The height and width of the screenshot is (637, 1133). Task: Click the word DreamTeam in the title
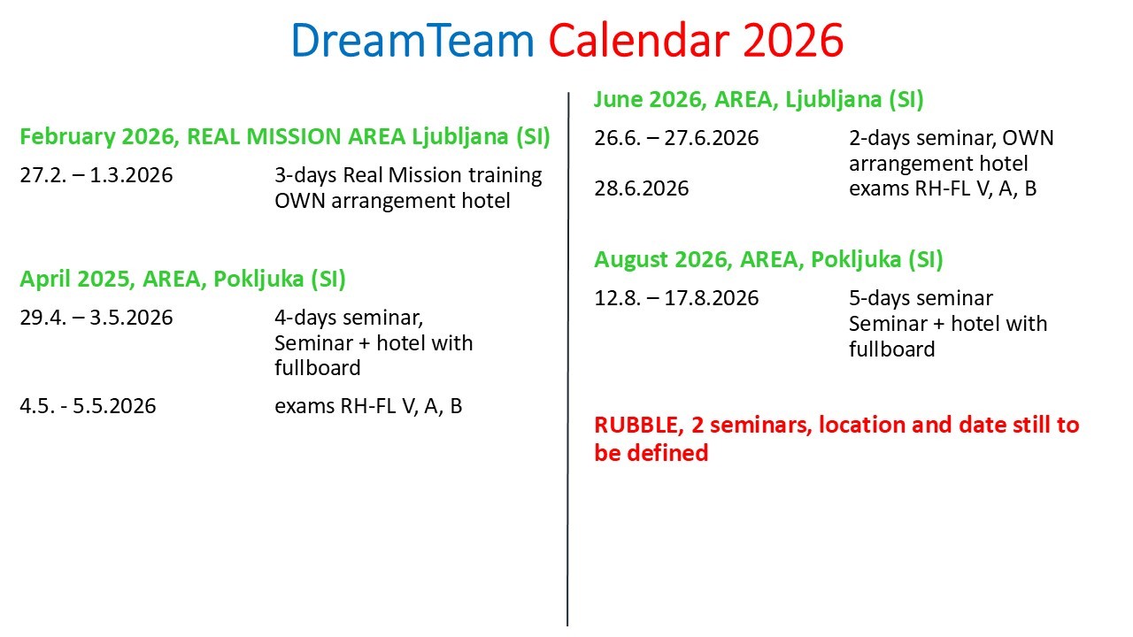click(412, 40)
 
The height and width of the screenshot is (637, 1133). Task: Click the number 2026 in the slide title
click(792, 40)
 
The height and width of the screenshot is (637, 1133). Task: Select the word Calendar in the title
click(635, 40)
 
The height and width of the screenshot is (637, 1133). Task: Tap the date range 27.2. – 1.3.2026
click(96, 175)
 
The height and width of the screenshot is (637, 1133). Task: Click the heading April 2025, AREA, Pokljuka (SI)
click(182, 280)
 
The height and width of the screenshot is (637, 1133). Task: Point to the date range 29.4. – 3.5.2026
click(96, 318)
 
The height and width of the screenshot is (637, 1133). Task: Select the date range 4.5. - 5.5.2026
click(88, 406)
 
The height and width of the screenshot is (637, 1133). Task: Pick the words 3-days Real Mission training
click(408, 175)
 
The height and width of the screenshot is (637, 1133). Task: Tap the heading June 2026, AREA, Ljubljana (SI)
click(759, 100)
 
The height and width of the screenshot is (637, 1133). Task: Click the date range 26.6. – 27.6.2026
click(676, 138)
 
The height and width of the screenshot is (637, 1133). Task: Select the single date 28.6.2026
click(641, 188)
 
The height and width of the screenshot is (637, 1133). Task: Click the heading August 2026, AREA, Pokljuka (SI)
click(768, 260)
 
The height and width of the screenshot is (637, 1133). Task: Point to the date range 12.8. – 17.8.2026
click(676, 298)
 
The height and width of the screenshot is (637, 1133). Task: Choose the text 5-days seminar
click(921, 298)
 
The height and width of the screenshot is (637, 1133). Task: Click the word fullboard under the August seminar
click(891, 349)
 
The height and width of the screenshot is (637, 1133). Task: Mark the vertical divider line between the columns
click(567, 354)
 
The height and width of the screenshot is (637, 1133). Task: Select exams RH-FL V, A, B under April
click(368, 406)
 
